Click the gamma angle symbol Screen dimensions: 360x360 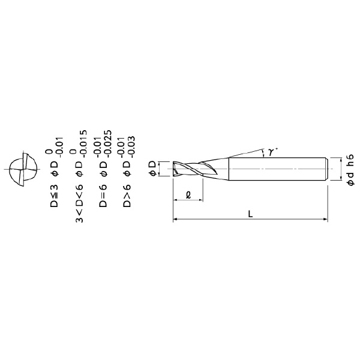(x=272, y=152)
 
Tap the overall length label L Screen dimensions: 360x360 (x=250, y=214)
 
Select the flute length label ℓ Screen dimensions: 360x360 (x=188, y=195)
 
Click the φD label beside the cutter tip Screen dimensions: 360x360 (x=152, y=169)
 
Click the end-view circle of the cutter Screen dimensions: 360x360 (x=23, y=169)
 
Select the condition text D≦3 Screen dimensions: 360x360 (x=54, y=196)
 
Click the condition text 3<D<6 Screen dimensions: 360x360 (x=79, y=203)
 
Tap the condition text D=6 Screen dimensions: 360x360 (x=103, y=196)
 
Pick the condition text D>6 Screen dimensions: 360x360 (x=127, y=196)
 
